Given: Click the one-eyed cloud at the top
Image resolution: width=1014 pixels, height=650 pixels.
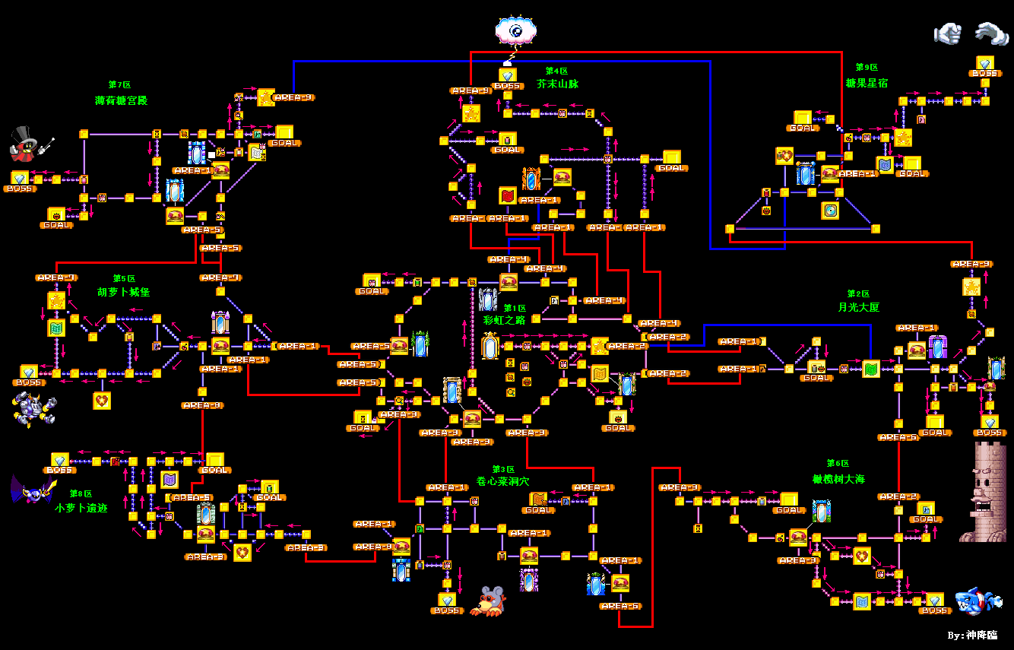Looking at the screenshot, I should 516,31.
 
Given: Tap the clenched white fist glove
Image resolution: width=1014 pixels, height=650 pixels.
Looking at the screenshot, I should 947,33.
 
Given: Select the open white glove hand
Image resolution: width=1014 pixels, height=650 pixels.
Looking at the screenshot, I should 990,33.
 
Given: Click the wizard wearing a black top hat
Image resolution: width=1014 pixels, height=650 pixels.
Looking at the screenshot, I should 30,144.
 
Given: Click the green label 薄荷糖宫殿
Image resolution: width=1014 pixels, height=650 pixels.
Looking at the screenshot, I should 121,100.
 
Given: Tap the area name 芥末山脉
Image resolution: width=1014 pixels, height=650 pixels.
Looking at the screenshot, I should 557,84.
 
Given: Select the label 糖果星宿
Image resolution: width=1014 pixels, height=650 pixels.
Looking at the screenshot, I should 866,82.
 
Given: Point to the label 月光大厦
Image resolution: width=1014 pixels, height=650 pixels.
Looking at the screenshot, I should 858,307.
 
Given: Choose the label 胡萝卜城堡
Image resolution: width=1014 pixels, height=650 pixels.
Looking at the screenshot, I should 123,292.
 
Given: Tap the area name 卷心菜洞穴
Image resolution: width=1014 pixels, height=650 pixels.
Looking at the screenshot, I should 502,482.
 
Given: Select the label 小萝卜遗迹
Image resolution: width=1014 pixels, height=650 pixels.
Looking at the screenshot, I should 81,507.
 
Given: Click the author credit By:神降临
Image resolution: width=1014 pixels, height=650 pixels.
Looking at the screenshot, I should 972,635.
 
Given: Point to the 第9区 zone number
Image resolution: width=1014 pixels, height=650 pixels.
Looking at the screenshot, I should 867,68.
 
